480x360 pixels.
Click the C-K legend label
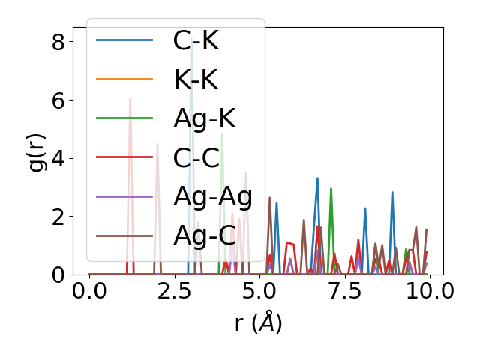pyautogui.click(x=196, y=40)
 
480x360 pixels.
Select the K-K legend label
pyautogui.click(x=196, y=79)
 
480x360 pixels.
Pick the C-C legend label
pyautogui.click(x=196, y=157)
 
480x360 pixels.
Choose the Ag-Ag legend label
pyautogui.click(x=213, y=196)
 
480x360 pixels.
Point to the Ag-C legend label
pyautogui.click(x=204, y=235)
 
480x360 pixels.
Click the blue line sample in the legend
pyautogui.click(x=124, y=40)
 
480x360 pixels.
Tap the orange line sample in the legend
pyautogui.click(x=124, y=79)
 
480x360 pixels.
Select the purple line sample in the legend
pyautogui.click(x=124, y=196)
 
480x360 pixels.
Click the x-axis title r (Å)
pyautogui.click(x=258, y=322)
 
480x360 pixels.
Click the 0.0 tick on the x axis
pyautogui.click(x=89, y=291)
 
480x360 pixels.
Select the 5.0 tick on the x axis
pyautogui.click(x=259, y=291)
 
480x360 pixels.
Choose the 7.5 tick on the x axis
pyautogui.click(x=345, y=291)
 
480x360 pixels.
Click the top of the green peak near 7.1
pyautogui.click(x=331, y=189)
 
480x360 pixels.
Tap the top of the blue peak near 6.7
pyautogui.click(x=317, y=178)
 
